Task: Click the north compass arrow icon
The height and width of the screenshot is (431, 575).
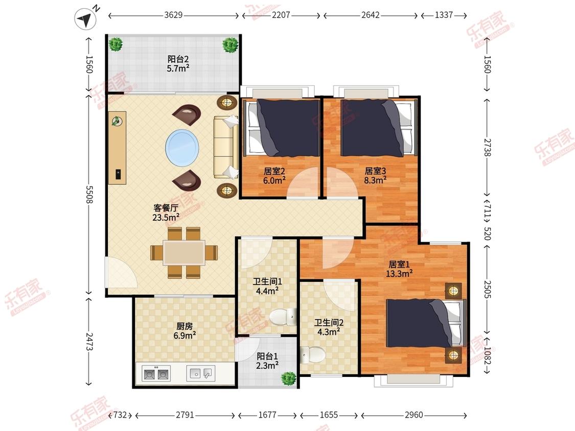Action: tap(85, 18)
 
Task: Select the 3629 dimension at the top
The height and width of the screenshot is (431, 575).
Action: tap(173, 15)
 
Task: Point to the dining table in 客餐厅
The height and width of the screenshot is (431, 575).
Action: tap(184, 252)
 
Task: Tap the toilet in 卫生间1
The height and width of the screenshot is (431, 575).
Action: tap(283, 317)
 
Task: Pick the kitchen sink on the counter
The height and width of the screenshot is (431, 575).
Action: tap(200, 373)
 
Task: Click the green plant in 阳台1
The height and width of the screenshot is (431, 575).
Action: tap(288, 378)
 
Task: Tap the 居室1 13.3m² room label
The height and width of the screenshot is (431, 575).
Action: tap(399, 269)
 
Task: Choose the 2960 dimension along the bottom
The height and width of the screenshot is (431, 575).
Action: tap(414, 415)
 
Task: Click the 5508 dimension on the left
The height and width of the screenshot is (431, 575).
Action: tap(89, 194)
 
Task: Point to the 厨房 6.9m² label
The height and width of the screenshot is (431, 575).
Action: tap(184, 330)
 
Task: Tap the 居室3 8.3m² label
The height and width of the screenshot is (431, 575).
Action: tap(375, 175)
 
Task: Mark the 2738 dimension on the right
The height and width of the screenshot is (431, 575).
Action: tap(487, 148)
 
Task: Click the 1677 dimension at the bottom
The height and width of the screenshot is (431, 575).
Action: tap(267, 415)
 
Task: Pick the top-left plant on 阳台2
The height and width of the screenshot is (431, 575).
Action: tap(116, 45)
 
